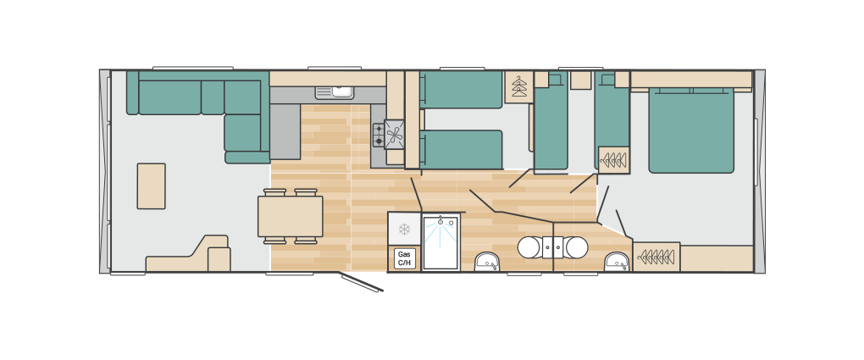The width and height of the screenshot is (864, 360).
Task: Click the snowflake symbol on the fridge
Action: pyautogui.click(x=404, y=230)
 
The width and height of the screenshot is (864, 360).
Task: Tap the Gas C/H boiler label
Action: pyautogui.click(x=404, y=258)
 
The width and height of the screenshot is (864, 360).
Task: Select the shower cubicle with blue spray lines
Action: pyautogui.click(x=440, y=242)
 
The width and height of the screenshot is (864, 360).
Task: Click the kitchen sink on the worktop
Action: pyautogui.click(x=335, y=92)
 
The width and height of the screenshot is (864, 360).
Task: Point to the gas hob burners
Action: pyautogui.click(x=379, y=135)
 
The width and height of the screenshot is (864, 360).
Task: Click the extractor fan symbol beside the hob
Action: pyautogui.click(x=395, y=135)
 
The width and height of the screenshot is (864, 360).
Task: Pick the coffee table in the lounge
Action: pyautogui.click(x=151, y=186)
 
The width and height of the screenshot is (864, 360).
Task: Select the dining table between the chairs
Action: pyautogui.click(x=291, y=216)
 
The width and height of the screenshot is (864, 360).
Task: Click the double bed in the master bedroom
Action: pyautogui.click(x=691, y=130)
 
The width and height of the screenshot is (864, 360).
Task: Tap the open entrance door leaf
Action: pyautogui.click(x=362, y=282)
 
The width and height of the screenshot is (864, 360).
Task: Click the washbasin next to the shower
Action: pyautogui.click(x=487, y=261)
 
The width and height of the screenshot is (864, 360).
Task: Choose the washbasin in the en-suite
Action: pyautogui.click(x=617, y=261)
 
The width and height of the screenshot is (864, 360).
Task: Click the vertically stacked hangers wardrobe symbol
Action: pyautogui.click(x=518, y=87)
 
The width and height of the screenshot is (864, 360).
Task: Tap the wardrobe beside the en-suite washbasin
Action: pyautogui.click(x=656, y=257)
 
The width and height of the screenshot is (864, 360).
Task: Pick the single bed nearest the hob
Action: pyautogui.click(x=462, y=149)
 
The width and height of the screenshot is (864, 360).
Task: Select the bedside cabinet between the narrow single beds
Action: pyautogui.click(x=581, y=80)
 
